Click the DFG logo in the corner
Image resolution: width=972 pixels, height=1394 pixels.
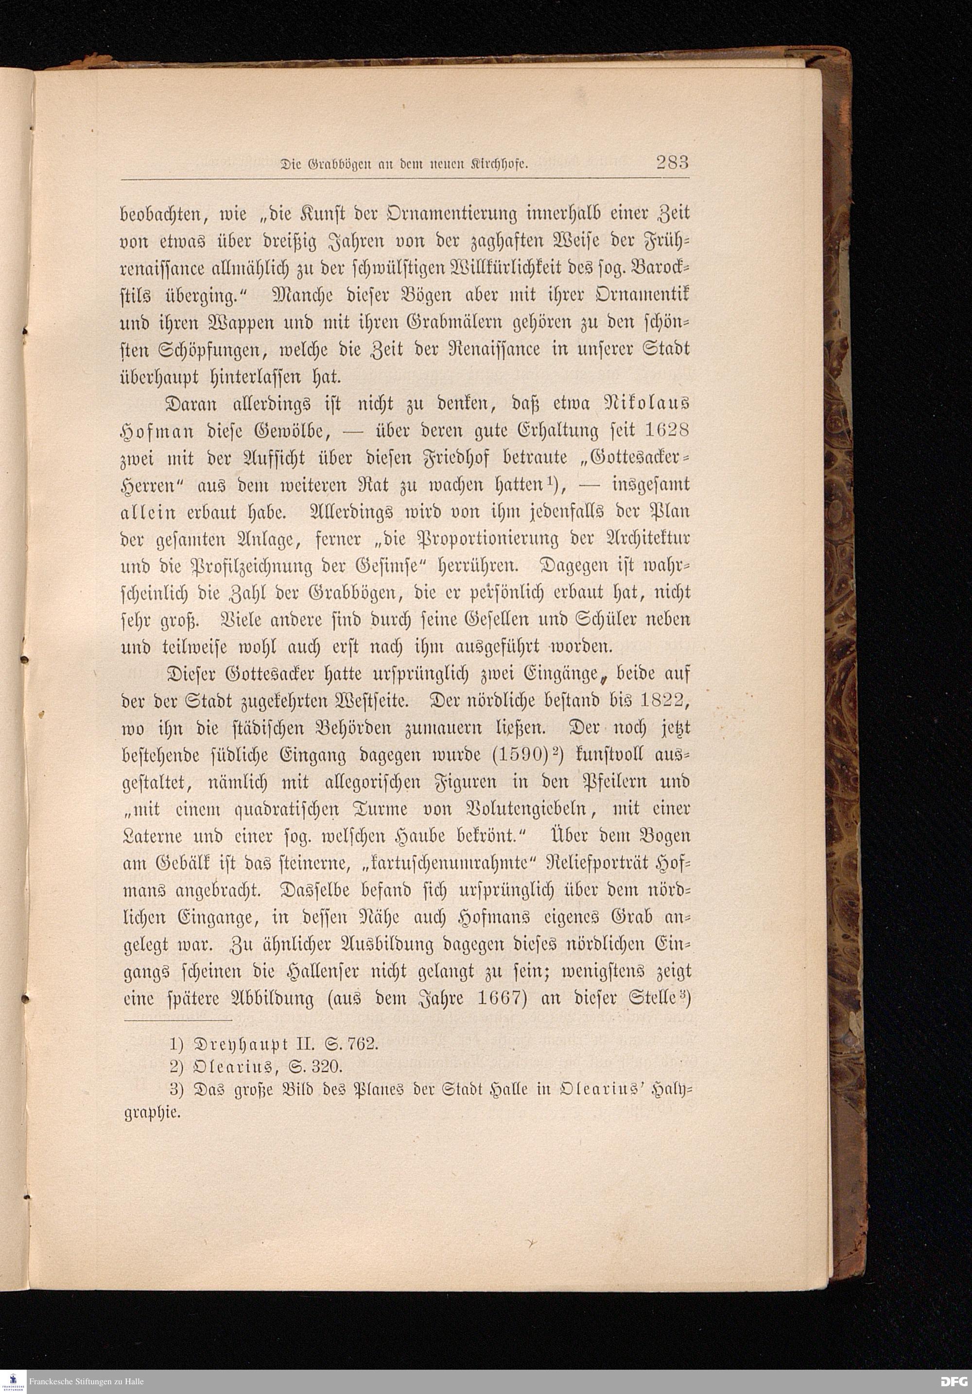[954, 1382]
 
